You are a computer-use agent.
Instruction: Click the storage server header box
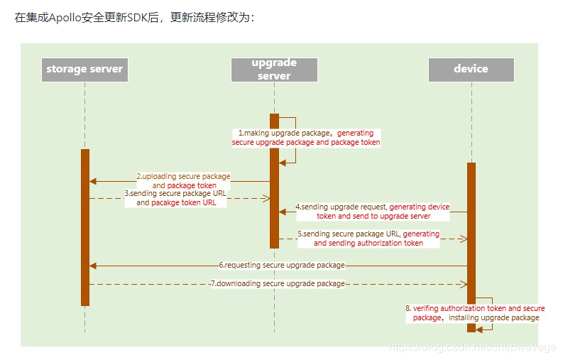84,70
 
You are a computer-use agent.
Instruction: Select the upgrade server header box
274,70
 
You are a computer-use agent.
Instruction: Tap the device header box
471,70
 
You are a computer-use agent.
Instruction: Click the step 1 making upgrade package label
306,138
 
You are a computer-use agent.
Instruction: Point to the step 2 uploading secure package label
184,180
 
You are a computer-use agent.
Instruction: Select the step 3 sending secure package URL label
175,197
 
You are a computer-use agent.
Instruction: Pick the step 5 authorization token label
368,238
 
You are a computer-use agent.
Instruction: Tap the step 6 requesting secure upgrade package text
282,266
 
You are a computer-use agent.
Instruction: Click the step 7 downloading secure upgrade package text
278,284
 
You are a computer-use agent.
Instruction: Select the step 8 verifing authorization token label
475,313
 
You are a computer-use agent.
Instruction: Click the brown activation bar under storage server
85,227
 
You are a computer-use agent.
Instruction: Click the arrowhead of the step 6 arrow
92,266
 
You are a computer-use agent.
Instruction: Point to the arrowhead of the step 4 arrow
282,212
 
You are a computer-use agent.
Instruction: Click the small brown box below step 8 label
471,328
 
